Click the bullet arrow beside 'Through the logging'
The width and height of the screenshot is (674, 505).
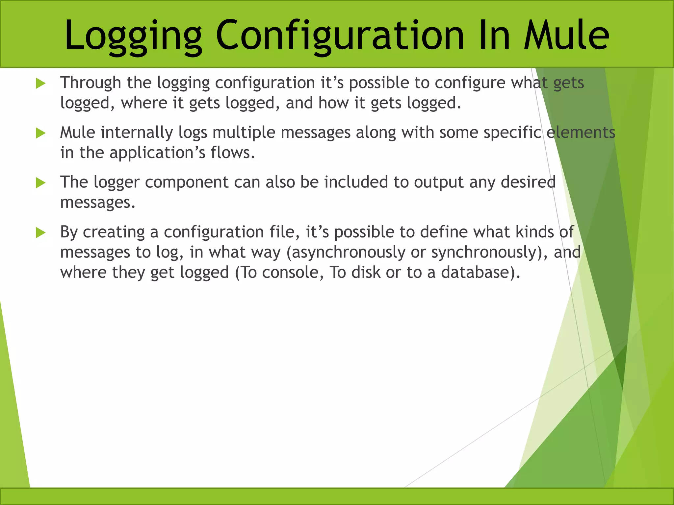[x=40, y=84]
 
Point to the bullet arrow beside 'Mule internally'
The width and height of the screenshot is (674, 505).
[x=40, y=133]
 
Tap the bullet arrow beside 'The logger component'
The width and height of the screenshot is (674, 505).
[x=40, y=183]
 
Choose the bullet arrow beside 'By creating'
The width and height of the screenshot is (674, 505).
[x=40, y=233]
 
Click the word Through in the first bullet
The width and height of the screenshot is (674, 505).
[x=91, y=83]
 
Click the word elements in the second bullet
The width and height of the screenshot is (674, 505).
[x=581, y=132]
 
